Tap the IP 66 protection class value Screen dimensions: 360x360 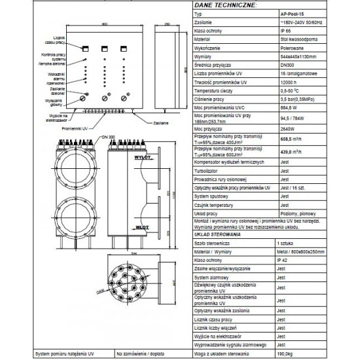tap(285, 30)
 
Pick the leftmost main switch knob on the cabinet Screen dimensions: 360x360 tap(84, 96)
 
